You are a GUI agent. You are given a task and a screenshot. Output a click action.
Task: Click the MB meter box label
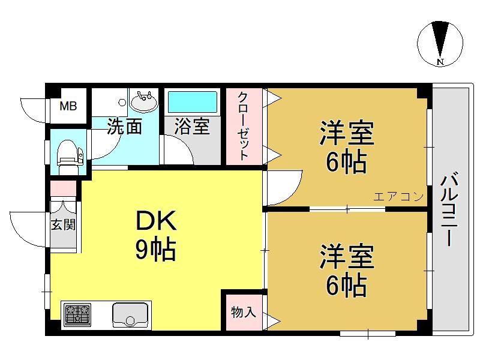68,106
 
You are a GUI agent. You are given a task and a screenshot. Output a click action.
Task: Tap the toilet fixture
70,155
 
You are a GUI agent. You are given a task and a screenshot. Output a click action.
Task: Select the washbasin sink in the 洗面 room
143,101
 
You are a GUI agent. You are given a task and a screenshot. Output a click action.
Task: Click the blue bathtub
193,102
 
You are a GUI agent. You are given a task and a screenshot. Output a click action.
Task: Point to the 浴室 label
192,126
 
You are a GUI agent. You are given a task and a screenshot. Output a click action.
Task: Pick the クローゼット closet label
244,125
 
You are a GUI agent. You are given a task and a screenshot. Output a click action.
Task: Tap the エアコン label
398,196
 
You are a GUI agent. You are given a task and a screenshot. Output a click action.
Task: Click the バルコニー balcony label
449,209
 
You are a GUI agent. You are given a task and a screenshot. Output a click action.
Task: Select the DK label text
156,220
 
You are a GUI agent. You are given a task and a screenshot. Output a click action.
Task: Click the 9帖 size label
155,250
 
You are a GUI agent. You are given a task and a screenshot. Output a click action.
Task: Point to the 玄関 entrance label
63,225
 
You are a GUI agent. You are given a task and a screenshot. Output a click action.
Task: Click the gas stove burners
77,314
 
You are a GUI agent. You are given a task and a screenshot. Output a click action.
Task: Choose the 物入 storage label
244,312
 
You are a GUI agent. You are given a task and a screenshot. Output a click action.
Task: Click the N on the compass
440,62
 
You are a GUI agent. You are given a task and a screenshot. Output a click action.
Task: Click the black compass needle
440,39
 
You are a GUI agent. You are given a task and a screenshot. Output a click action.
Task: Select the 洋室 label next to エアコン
347,133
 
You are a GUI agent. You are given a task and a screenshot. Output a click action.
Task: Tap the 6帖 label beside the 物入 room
346,284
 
